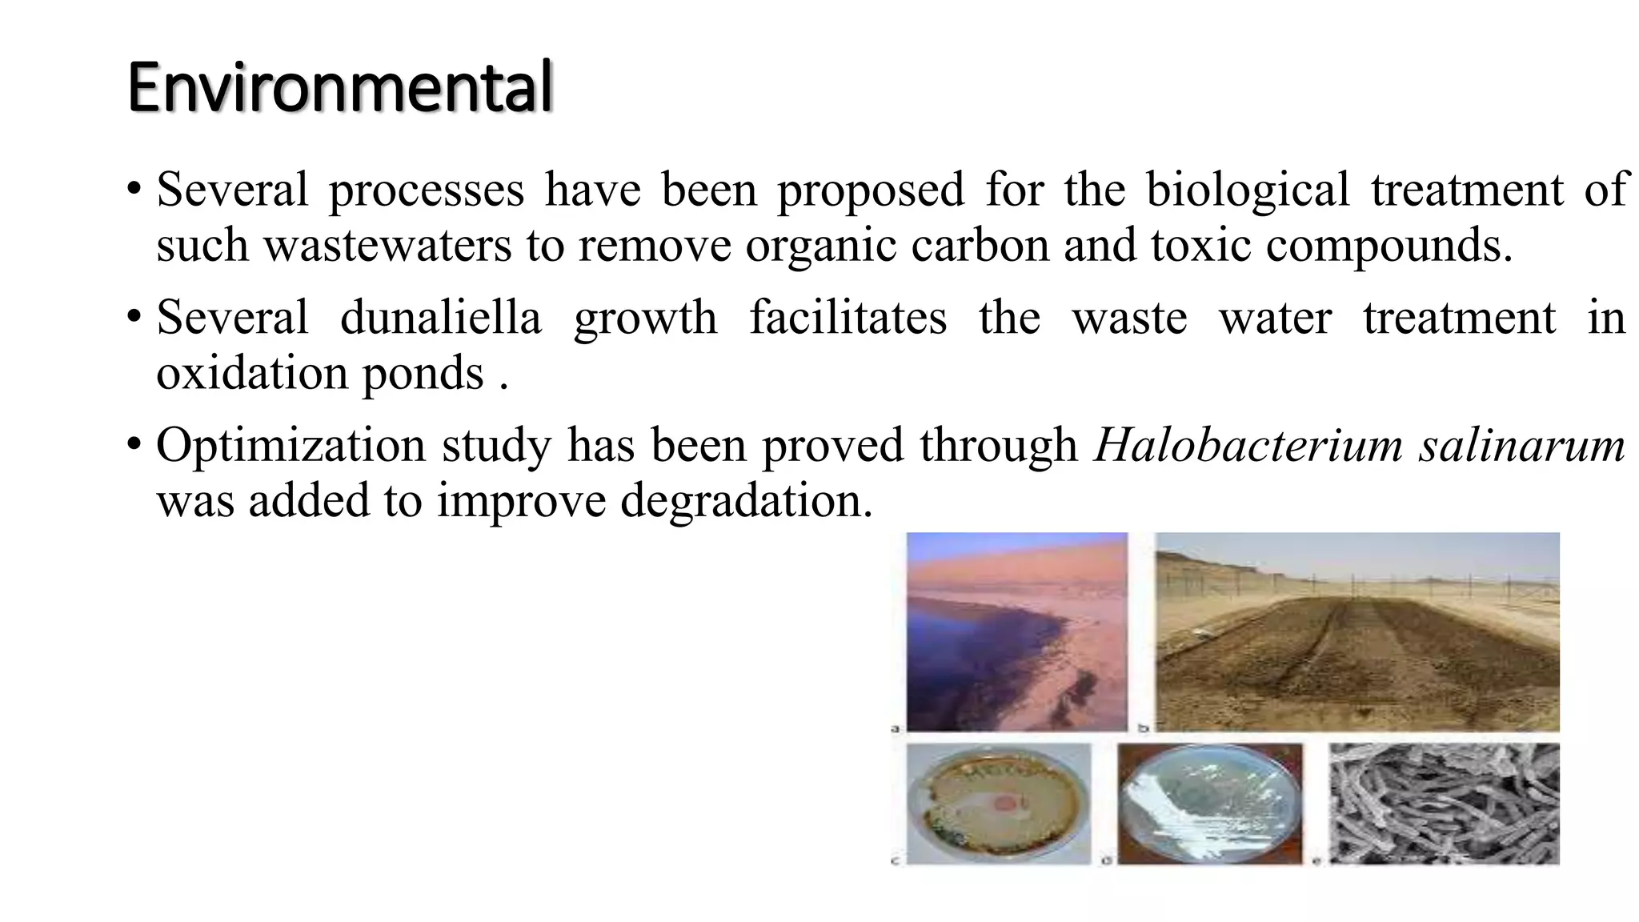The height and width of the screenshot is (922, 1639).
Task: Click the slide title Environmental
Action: click(339, 87)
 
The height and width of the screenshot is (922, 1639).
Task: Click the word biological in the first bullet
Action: click(1248, 190)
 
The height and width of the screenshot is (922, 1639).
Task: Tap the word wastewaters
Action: click(387, 245)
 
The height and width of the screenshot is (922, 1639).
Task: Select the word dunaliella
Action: click(441, 317)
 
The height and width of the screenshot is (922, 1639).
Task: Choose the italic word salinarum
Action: click(1522, 445)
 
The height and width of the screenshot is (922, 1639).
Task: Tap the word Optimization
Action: click(291, 445)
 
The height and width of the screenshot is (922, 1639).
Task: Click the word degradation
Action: click(746, 501)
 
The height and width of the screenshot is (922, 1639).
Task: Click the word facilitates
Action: click(848, 317)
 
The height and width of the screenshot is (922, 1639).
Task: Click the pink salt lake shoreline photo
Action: click(1016, 631)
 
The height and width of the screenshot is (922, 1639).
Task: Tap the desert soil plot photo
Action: click(1357, 631)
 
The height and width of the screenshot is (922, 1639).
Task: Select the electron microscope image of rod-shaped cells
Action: click(1444, 803)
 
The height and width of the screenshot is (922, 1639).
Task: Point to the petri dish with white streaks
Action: click(1209, 804)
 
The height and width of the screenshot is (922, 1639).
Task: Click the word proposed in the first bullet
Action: click(871, 190)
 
